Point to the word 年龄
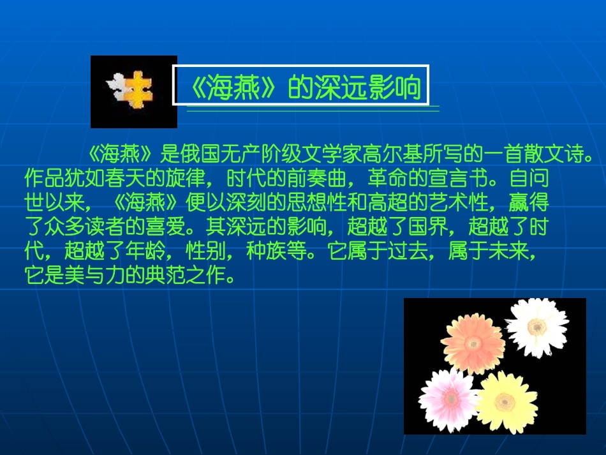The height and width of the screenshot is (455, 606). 149,252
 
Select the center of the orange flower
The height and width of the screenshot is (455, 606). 473,343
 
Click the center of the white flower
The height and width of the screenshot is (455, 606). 537,327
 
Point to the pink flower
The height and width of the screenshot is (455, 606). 450,398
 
